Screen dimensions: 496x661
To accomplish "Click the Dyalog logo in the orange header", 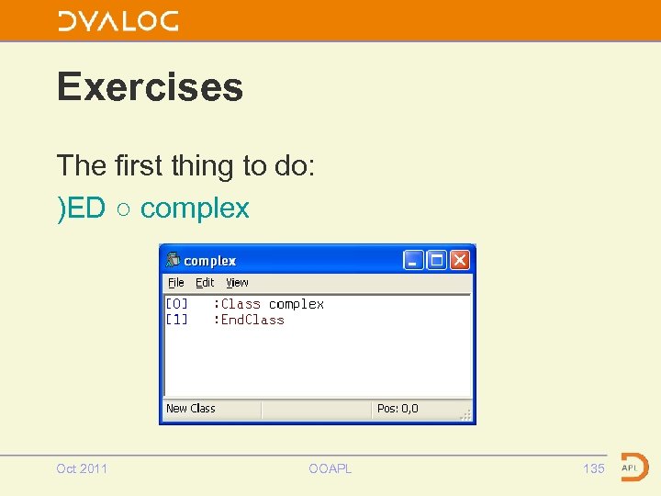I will click(118, 21).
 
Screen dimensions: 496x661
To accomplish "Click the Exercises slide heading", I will click(150, 87).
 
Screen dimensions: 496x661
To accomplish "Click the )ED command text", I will click(81, 209).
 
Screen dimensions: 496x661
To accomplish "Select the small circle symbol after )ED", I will click(123, 210).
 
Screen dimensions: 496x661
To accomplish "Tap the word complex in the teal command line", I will click(195, 209).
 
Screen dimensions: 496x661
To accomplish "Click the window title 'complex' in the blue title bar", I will click(209, 261).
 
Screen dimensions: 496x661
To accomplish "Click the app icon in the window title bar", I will click(172, 261).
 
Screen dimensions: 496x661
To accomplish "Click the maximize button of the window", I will click(437, 260).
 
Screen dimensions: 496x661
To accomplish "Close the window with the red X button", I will click(460, 260).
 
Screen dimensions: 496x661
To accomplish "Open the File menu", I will click(175, 283).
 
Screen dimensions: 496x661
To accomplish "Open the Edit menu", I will click(205, 283).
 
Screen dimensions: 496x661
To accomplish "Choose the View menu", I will click(237, 283).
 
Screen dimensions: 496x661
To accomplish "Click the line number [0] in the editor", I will click(176, 304).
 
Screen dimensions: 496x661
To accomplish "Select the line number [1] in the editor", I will click(176, 320).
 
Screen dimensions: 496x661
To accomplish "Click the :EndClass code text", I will click(249, 320).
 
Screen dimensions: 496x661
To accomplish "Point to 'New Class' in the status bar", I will click(190, 409).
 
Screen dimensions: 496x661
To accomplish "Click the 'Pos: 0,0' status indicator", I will click(397, 409).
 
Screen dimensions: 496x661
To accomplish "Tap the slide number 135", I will click(594, 468).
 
